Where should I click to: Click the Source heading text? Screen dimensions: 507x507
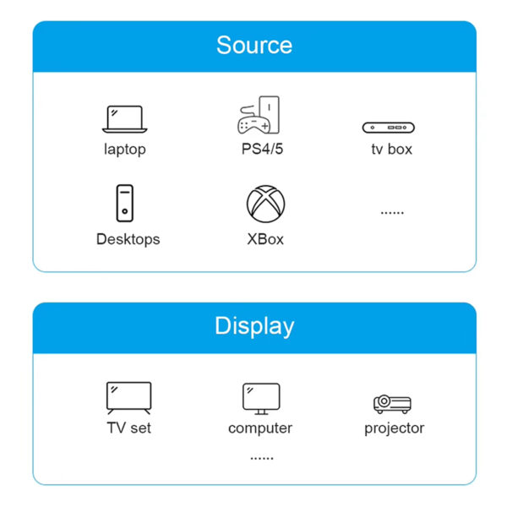click(x=254, y=46)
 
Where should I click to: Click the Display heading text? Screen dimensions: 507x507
click(x=254, y=326)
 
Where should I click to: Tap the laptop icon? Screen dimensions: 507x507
click(x=124, y=119)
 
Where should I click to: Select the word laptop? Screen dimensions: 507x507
click(x=125, y=150)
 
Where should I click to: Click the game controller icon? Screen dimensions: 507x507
click(x=254, y=123)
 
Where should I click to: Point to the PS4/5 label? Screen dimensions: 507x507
click(x=262, y=149)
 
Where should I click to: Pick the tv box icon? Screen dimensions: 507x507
click(x=389, y=128)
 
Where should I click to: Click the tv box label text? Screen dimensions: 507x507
click(x=392, y=150)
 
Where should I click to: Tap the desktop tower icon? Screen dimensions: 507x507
click(x=125, y=203)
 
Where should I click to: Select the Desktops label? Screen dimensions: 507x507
click(x=128, y=240)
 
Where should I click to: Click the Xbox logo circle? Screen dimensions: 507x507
click(x=266, y=204)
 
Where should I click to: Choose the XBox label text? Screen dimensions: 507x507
click(x=265, y=240)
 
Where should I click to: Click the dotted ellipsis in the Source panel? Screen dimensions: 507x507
click(x=392, y=213)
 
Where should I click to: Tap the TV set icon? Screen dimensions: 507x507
click(x=128, y=398)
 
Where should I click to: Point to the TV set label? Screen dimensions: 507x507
click(x=128, y=428)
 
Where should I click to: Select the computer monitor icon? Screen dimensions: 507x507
click(x=261, y=399)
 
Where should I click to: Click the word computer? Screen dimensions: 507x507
click(x=260, y=428)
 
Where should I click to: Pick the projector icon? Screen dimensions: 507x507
click(x=392, y=404)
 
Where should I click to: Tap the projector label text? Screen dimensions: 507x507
click(x=394, y=428)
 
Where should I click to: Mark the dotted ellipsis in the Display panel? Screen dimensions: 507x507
click(x=262, y=458)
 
